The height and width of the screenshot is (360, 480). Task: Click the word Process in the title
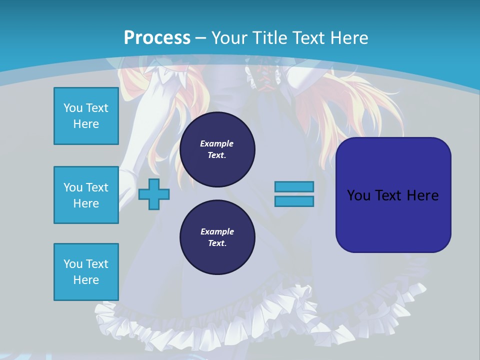coord(157,37)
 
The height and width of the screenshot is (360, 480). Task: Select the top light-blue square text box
coord(86,116)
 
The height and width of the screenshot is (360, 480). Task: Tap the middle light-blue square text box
coord(86,195)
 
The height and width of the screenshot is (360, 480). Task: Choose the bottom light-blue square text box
coord(86,272)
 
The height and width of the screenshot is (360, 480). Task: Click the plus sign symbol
coord(154,194)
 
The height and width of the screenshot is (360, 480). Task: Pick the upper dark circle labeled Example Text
coord(217,149)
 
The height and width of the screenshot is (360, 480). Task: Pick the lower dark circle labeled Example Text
coord(217,237)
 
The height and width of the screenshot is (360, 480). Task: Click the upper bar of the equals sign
coord(294,186)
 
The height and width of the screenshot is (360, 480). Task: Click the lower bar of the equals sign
coord(294,201)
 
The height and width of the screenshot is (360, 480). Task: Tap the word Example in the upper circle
coord(217,143)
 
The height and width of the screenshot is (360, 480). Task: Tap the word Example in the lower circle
coord(217,231)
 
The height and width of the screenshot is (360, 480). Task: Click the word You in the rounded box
coord(358,195)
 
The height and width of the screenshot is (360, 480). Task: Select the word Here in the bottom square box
coord(86,280)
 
